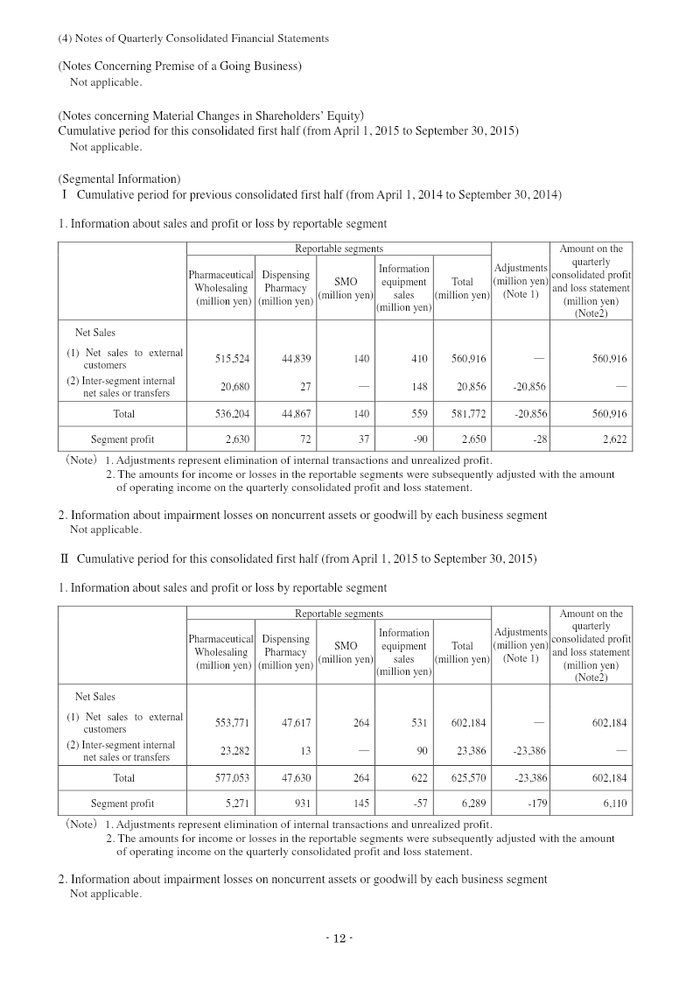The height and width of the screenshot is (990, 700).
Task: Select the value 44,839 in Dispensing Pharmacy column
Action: tap(297, 358)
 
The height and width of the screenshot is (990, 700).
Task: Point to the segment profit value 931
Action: tap(304, 804)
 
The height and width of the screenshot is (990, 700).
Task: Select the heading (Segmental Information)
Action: tap(119, 179)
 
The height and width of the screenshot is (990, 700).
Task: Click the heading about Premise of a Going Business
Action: tap(179, 67)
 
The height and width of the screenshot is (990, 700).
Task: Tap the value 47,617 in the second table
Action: tap(297, 722)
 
